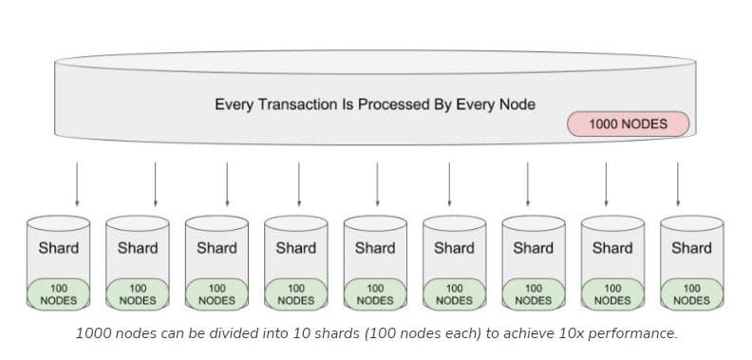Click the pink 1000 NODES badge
628,124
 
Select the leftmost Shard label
58,249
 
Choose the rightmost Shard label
691,249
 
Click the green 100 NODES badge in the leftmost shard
58,294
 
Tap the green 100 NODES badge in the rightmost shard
691,294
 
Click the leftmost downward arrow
76,182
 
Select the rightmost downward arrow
678,182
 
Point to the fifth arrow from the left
377,182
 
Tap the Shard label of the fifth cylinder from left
374,249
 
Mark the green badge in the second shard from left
138,294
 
